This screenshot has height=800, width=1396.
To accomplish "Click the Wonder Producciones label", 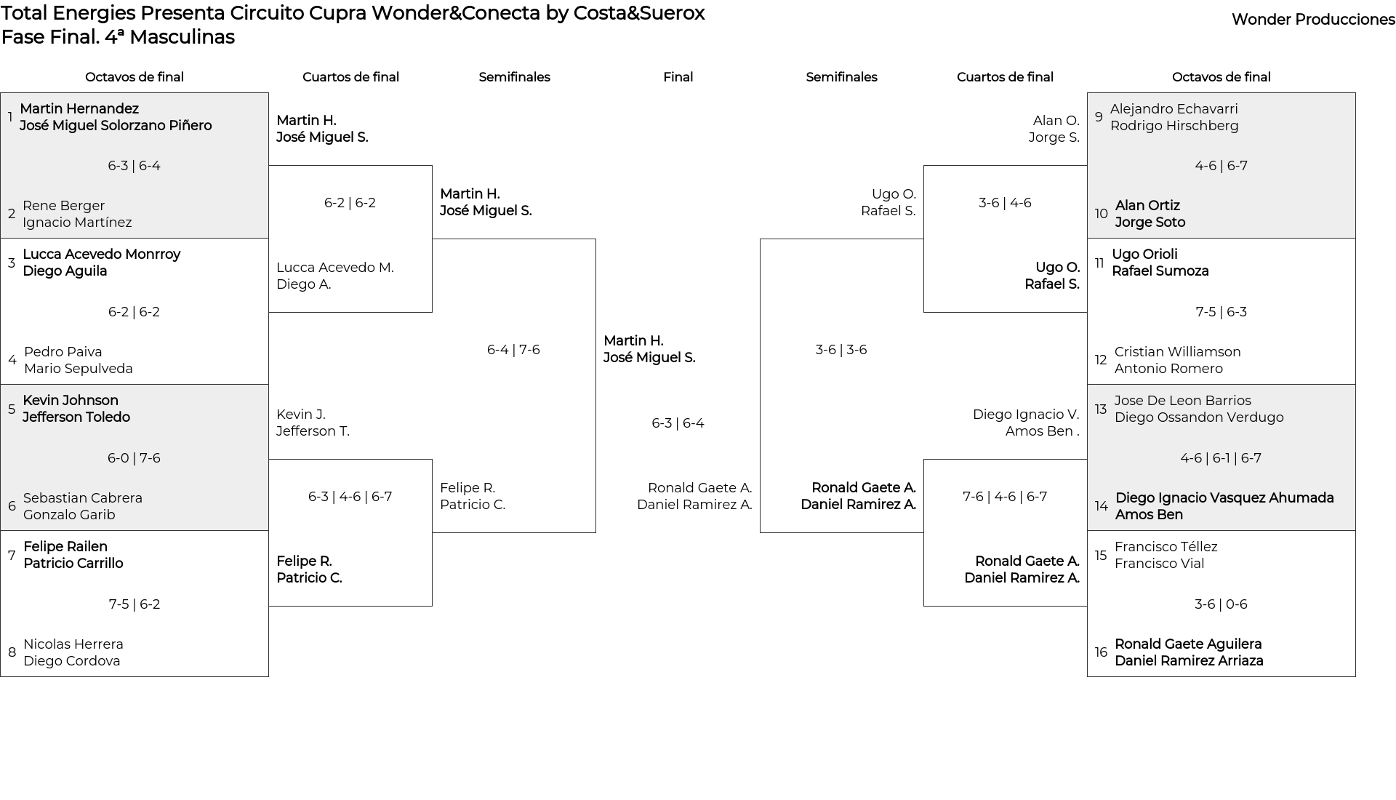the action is coord(1313,20).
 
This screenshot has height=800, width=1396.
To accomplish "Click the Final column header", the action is coord(678,77).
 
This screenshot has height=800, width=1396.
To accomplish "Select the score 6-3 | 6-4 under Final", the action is coord(678,423).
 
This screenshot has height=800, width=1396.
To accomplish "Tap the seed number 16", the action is coord(1101,652).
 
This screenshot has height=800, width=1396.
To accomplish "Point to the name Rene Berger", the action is coord(64,206).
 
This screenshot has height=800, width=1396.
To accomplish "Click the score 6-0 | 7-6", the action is coord(134,458).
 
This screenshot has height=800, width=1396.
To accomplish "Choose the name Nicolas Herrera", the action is coord(73,644).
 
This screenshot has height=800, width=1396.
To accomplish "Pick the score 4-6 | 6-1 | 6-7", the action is coord(1221,458).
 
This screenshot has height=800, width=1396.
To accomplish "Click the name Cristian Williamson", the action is coord(1178,352).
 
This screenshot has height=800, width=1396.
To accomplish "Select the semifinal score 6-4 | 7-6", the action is coord(513,350).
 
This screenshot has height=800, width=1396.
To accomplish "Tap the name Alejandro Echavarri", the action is coord(1174,109).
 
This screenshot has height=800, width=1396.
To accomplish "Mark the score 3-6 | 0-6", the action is coord(1221,604).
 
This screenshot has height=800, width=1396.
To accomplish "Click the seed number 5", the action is coord(12,409).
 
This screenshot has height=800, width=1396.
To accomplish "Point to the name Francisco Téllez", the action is coord(1166,547).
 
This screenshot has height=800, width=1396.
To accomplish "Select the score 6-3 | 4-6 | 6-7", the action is coord(350,497).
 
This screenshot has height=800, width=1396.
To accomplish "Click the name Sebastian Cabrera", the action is coord(83,498).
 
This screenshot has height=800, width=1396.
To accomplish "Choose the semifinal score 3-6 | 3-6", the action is coord(841,350).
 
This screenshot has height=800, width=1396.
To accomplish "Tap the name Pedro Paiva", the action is coord(63,352).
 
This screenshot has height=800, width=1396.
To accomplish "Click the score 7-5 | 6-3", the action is coord(1221,312).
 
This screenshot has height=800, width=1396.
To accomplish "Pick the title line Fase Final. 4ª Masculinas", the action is coord(118,37).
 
